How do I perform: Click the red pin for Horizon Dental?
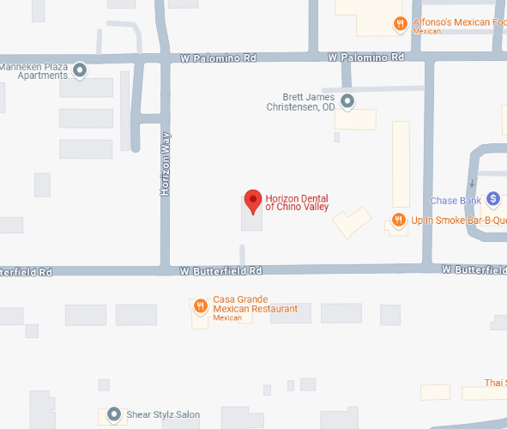[x=252, y=200]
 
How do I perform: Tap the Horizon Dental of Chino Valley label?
[x=297, y=203]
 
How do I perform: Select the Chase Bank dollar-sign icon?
[x=492, y=198]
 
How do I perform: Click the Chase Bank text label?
[x=456, y=202]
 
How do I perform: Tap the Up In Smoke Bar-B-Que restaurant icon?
[x=398, y=221]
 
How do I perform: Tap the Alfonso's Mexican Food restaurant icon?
[x=400, y=23]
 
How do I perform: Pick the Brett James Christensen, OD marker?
[x=347, y=102]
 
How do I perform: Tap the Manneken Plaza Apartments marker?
[x=80, y=69]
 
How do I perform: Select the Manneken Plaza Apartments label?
[x=33, y=70]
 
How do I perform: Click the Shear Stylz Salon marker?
[x=113, y=415]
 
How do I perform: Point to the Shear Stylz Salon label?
[x=163, y=415]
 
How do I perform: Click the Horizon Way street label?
[x=166, y=163]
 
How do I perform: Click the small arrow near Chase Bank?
[x=472, y=184]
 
